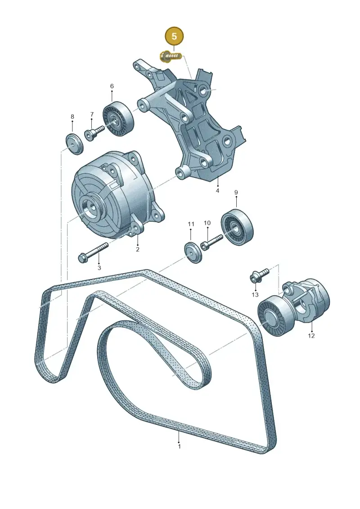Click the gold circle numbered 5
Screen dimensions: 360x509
pyautogui.click(x=174, y=36)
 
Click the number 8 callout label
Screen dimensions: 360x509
pyautogui.click(x=72, y=117)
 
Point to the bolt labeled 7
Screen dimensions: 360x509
pyautogui.click(x=94, y=132)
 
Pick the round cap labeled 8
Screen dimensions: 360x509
pyautogui.click(x=74, y=144)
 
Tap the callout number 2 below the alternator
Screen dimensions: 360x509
pyautogui.click(x=137, y=249)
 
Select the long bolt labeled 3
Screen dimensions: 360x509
pyautogui.click(x=93, y=252)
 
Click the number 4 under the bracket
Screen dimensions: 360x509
pyautogui.click(x=217, y=190)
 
